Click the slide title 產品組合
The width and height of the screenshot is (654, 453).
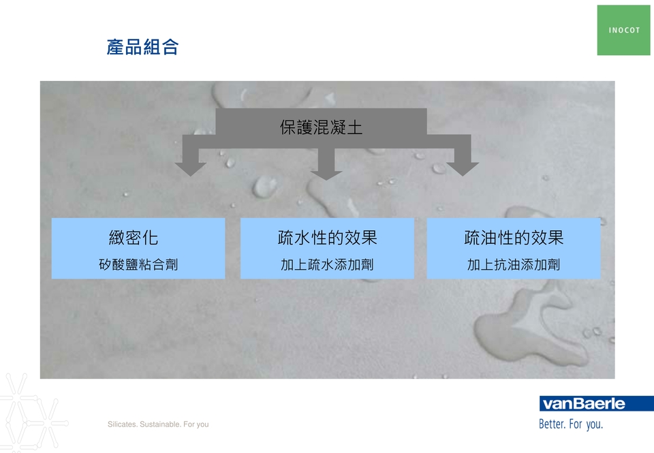tap(142, 47)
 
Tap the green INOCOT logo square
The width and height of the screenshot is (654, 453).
tap(623, 30)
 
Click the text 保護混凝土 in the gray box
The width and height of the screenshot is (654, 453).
tap(321, 127)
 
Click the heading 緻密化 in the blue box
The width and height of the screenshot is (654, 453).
tap(134, 238)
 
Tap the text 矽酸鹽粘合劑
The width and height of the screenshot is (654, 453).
tap(138, 264)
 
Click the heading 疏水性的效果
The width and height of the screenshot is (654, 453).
tap(328, 238)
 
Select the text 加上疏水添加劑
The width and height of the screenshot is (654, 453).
tap(327, 264)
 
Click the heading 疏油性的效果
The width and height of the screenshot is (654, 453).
tap(514, 238)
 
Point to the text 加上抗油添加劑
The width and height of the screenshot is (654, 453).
tap(514, 264)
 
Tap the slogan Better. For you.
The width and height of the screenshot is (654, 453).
tap(571, 424)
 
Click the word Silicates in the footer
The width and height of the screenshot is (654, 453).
tap(122, 424)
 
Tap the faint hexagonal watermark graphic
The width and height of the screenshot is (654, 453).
tap(31, 413)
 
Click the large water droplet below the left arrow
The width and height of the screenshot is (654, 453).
tap(264, 186)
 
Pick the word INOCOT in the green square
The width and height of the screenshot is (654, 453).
tap(624, 30)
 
